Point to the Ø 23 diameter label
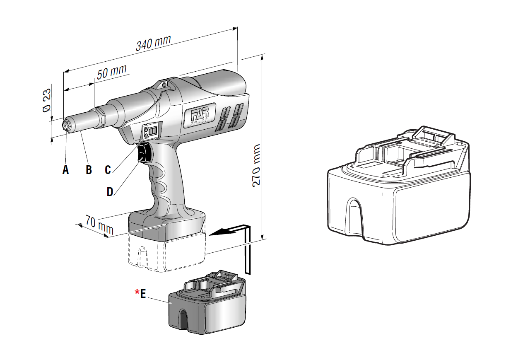47,100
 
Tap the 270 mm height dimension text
257,165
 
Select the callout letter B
89,169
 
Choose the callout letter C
108,169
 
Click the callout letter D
110,191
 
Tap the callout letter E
143,293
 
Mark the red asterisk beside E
137,292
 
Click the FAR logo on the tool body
200,114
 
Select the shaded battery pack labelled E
207,307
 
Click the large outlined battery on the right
398,186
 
